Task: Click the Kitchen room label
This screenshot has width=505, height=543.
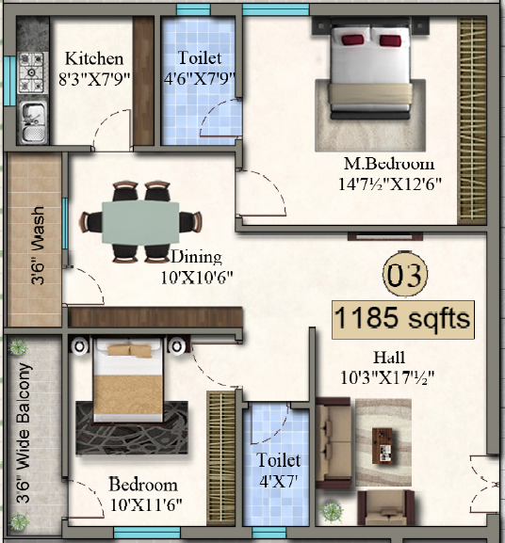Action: (x=93, y=58)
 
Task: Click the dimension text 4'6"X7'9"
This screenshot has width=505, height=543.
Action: (x=201, y=78)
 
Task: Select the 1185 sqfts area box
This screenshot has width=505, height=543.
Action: (x=402, y=319)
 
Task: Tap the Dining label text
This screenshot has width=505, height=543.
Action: (x=196, y=257)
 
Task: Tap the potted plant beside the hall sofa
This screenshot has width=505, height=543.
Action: (x=332, y=512)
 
